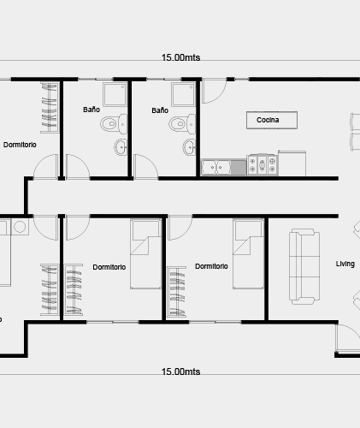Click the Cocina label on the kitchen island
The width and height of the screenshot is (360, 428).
coord(268,120)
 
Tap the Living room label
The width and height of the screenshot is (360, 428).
coord(345,264)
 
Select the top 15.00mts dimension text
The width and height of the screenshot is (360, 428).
coord(180,57)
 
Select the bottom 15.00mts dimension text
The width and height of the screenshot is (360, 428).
coord(180,372)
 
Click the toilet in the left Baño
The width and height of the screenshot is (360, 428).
coord(114,124)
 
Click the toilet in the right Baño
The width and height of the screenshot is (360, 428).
coord(182,124)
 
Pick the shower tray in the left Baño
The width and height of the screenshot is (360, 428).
coord(115,94)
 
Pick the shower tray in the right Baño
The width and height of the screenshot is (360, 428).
coord(183,94)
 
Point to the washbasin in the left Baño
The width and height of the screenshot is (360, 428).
coord(121,147)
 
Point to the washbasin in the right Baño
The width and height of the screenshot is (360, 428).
coord(189,147)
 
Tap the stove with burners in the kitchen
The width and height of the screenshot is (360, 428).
coord(262,164)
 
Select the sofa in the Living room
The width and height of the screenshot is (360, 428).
coord(304,266)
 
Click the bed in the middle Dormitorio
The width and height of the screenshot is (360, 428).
coord(145,254)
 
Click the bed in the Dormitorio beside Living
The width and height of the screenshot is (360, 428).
coord(248,254)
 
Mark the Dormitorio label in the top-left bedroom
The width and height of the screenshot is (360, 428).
coord(20,145)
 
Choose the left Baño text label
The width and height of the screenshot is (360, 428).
coord(91,110)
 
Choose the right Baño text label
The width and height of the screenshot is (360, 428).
coord(160,110)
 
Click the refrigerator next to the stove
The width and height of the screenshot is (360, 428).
coord(292,163)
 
